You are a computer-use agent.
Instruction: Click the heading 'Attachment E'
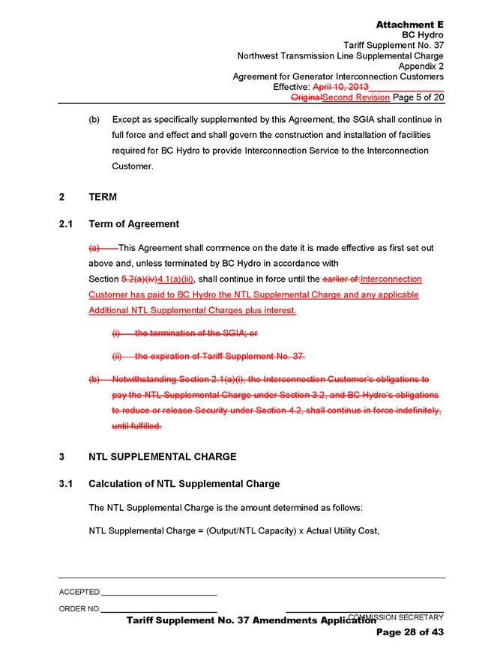(409, 25)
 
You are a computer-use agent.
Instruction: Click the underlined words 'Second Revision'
(355, 97)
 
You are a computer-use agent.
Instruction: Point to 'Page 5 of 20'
(418, 97)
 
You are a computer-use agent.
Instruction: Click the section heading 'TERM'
(102, 197)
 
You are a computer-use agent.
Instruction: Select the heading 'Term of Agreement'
(133, 224)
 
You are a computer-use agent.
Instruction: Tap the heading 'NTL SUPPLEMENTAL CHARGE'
(162, 456)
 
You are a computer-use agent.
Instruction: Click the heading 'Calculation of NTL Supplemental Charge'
(184, 483)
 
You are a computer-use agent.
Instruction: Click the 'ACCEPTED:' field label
(79, 592)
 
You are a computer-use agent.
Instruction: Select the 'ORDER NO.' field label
(79, 608)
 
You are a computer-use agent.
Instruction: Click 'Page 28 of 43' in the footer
(410, 632)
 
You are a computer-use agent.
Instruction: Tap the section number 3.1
(66, 483)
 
